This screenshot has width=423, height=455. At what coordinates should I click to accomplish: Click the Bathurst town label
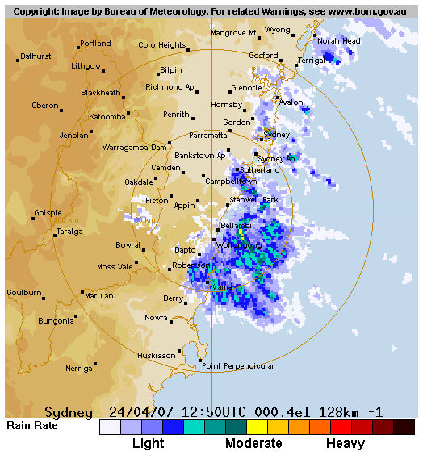pyautogui.click(x=36, y=56)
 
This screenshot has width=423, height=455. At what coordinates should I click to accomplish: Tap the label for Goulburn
pyautogui.click(x=23, y=293)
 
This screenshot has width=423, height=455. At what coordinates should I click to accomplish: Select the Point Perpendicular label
pyautogui.click(x=238, y=366)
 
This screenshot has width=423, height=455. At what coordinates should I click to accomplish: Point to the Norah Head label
pyautogui.click(x=338, y=41)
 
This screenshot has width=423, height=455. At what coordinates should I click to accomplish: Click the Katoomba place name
pyautogui.click(x=107, y=117)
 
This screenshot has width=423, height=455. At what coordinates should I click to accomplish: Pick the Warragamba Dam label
pyautogui.click(x=134, y=148)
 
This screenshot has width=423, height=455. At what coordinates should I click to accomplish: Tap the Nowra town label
pyautogui.click(x=157, y=318)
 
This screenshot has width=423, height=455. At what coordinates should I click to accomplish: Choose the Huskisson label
pyautogui.click(x=156, y=356)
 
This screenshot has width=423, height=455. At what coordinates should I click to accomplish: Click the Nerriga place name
pyautogui.click(x=79, y=369)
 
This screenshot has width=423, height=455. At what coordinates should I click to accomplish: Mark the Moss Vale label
pyautogui.click(x=115, y=267)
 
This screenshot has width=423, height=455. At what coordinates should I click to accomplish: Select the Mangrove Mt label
pyautogui.click(x=233, y=33)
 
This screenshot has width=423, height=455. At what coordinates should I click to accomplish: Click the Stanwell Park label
pyautogui.click(x=253, y=199)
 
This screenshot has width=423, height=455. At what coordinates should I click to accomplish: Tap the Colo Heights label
pyautogui.click(x=162, y=46)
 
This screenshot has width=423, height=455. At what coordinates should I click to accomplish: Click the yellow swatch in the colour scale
pyautogui.click(x=257, y=427)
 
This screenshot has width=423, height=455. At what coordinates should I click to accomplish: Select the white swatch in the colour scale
pyautogui.click(x=110, y=427)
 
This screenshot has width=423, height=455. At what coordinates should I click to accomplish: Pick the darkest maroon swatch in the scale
pyautogui.click(x=404, y=427)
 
